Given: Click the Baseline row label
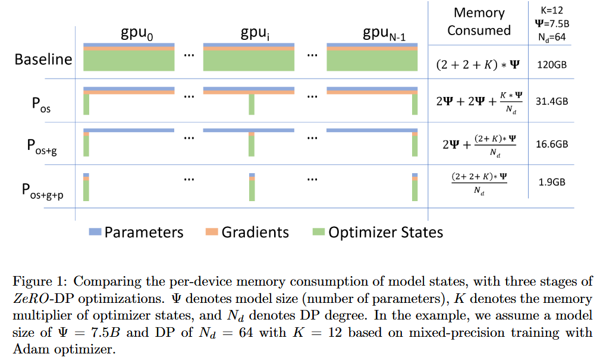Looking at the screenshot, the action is pyautogui.click(x=43, y=60).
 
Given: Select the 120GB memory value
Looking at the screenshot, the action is pyautogui.click(x=551, y=65).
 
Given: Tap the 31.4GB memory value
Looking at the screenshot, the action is pyautogui.click(x=551, y=101).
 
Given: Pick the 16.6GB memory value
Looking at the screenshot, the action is pyautogui.click(x=551, y=144).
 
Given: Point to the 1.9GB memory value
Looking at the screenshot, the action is pyautogui.click(x=551, y=182).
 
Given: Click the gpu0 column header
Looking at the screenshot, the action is pyautogui.click(x=137, y=34).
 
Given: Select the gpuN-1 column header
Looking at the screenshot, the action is pyautogui.click(x=384, y=34).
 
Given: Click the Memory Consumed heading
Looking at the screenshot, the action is pyautogui.click(x=479, y=21).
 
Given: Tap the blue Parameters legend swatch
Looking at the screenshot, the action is pyautogui.click(x=95, y=231).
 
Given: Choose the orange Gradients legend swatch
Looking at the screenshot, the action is pyautogui.click(x=212, y=231).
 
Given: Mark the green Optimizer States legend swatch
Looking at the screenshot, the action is pyautogui.click(x=318, y=231).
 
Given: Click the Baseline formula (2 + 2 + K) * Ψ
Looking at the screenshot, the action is pyautogui.click(x=478, y=65).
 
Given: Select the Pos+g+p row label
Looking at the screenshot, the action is pyautogui.click(x=42, y=191).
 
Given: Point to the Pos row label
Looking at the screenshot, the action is pyautogui.click(x=41, y=105).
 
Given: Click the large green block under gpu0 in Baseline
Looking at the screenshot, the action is pyautogui.click(x=129, y=61).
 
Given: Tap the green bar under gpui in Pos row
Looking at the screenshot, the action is pyautogui.click(x=252, y=104).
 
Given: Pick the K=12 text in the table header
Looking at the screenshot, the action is pyautogui.click(x=551, y=10).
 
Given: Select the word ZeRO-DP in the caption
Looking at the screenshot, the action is pyautogui.click(x=42, y=298).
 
